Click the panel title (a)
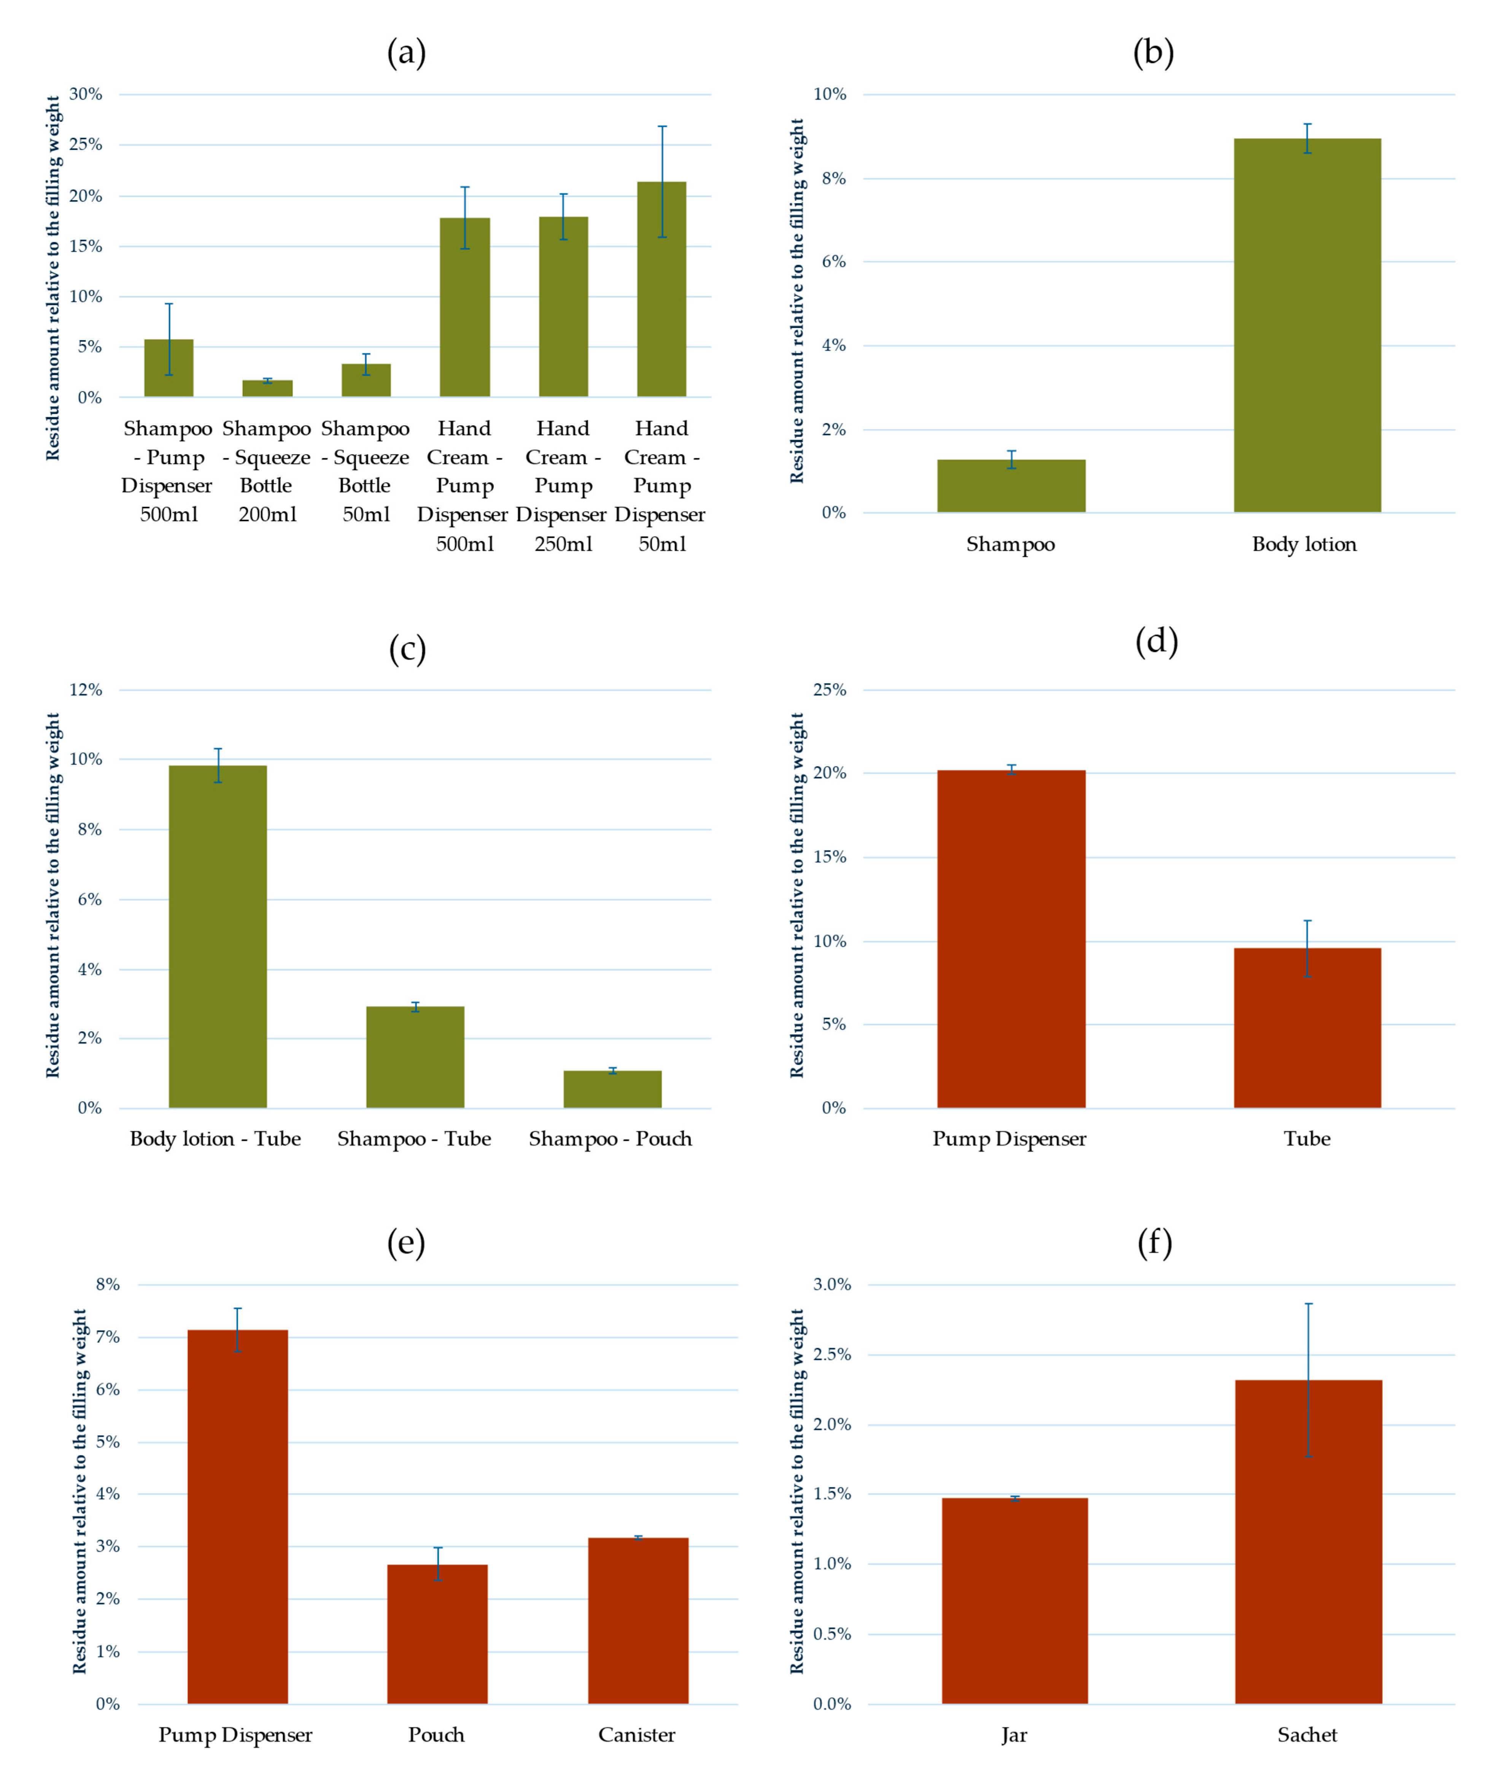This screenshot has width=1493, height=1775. pos(406,52)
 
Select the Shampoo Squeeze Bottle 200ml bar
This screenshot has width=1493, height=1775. pos(267,388)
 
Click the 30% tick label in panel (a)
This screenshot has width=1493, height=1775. pos(86,94)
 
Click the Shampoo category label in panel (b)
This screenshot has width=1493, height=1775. pos(1011,544)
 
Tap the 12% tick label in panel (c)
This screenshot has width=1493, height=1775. pos(86,690)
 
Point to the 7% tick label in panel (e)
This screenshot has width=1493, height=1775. pos(108,1338)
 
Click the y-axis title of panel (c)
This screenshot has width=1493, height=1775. pos(52,895)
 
